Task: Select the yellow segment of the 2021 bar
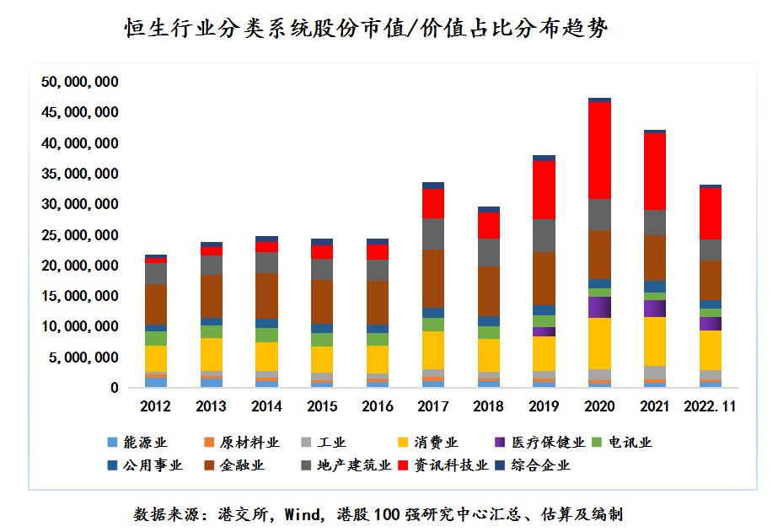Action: [x=655, y=341]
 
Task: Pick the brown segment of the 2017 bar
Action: [x=433, y=278]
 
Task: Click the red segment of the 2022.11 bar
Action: [x=710, y=213]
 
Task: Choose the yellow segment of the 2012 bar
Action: [x=156, y=357]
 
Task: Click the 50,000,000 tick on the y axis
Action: [x=79, y=82]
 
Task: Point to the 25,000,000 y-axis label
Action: [x=79, y=235]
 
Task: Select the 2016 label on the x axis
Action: [x=378, y=406]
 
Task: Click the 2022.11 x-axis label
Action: [x=710, y=406]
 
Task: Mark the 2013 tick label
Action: [x=212, y=406]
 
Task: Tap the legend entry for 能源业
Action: [x=139, y=443]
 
